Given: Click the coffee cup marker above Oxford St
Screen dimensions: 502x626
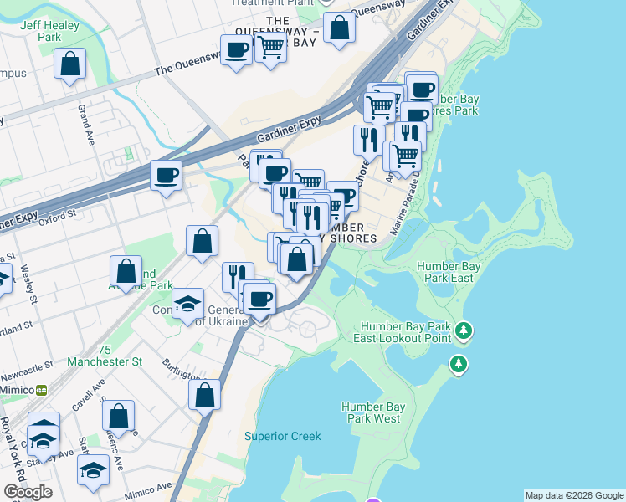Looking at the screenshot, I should [166, 176].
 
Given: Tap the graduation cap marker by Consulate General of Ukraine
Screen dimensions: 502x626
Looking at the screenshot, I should [188, 303].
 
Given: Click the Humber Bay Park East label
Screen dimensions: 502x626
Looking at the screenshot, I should [449, 272].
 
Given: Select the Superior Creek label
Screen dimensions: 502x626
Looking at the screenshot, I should [282, 436].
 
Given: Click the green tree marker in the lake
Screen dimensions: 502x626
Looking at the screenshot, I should [458, 364].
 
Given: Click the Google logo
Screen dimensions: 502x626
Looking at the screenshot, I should [28, 492].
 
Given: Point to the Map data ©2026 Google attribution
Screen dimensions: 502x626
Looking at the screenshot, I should [574, 495].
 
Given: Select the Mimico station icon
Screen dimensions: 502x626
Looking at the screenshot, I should [40, 390].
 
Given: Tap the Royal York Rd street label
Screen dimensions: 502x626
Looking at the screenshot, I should [12, 452].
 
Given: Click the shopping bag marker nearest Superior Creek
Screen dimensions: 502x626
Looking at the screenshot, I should [204, 394].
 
